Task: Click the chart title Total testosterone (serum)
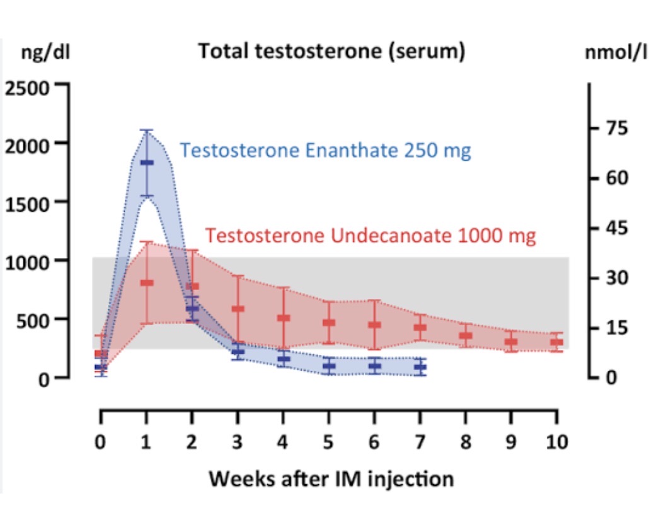click(332, 52)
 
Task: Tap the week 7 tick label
click(420, 441)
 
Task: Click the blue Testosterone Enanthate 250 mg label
click(325, 151)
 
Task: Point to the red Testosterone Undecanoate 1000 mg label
click(371, 236)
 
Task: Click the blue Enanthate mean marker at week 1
click(146, 163)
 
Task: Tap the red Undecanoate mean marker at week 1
click(146, 283)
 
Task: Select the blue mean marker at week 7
click(420, 367)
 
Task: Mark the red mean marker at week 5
click(328, 323)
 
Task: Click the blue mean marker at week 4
click(283, 359)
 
